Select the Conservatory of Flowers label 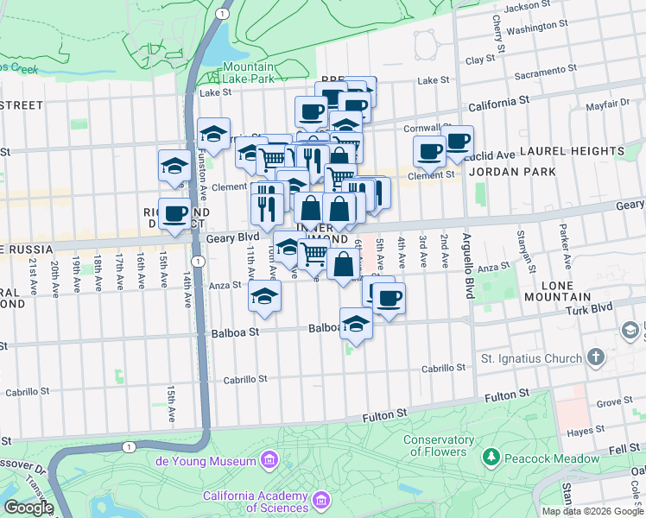438,445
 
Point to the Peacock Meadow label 540,454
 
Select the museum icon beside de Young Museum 271,459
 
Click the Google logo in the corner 28,507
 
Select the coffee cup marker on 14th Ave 174,213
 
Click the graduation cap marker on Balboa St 355,325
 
